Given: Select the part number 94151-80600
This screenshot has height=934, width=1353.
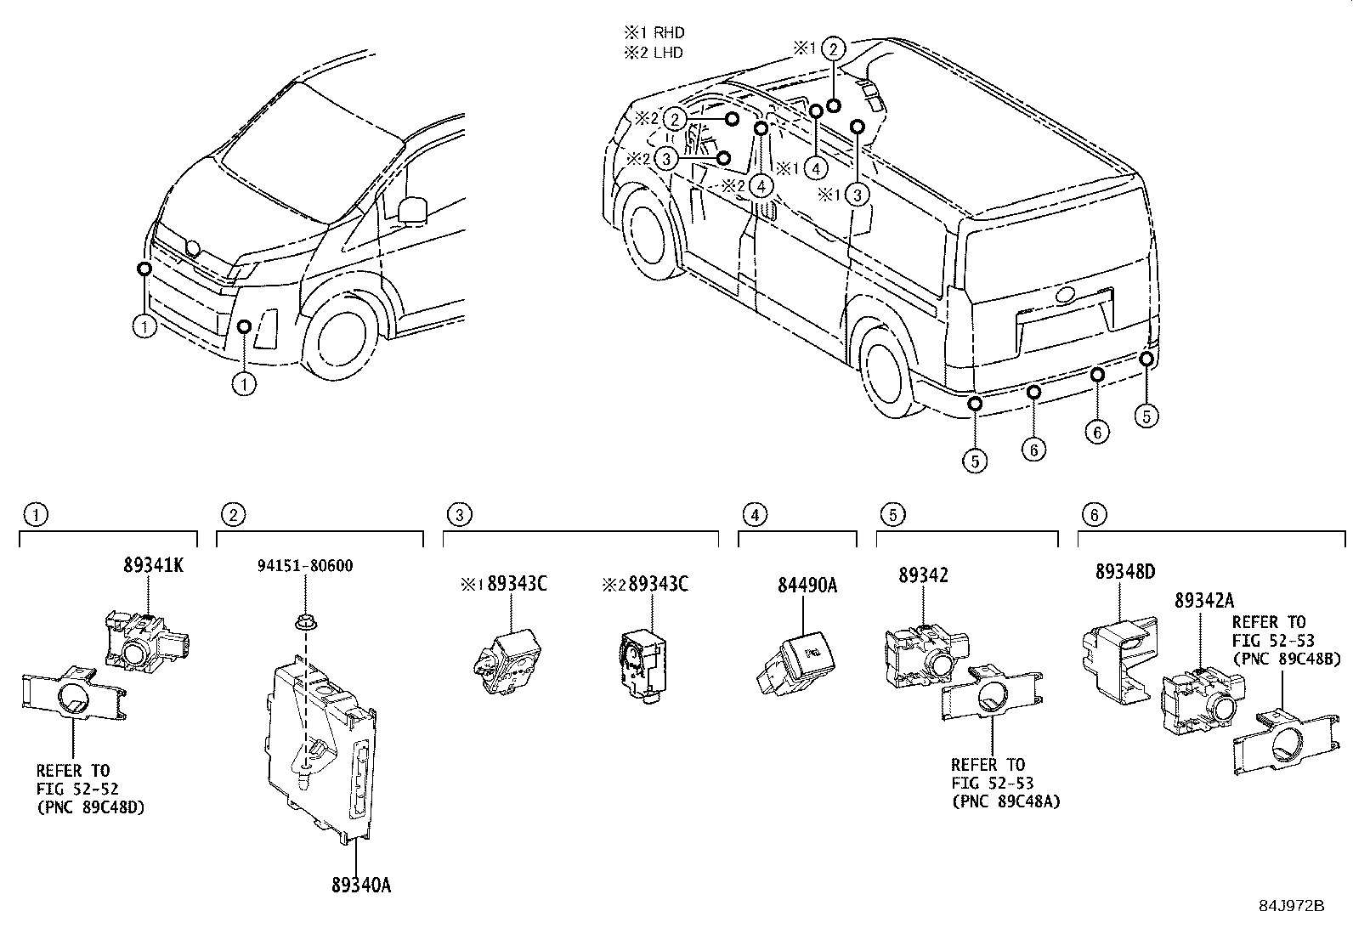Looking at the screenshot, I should tap(305, 565).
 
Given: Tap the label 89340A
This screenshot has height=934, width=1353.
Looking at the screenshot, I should tap(361, 885).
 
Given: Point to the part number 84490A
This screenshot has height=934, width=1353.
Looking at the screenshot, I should tap(807, 586).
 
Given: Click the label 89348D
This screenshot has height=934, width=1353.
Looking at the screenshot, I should tap(1124, 572).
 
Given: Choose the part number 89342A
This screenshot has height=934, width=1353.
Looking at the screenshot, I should tap(1205, 599).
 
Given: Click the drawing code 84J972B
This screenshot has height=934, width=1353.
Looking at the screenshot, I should tap(1291, 906).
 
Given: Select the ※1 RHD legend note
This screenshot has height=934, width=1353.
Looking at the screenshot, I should tap(654, 33).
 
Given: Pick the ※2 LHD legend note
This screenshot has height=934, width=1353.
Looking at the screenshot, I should tap(654, 52).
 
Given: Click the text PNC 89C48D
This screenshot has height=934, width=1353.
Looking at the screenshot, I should tap(91, 807).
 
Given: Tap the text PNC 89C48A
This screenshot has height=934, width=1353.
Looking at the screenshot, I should tap(1006, 801).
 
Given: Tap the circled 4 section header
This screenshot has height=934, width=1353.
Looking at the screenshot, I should tap(753, 514).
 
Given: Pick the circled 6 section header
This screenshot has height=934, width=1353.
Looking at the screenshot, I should tap(1093, 514).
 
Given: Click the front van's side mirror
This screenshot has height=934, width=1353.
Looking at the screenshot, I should tap(412, 208).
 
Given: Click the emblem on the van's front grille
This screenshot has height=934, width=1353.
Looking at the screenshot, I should tap(193, 249).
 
